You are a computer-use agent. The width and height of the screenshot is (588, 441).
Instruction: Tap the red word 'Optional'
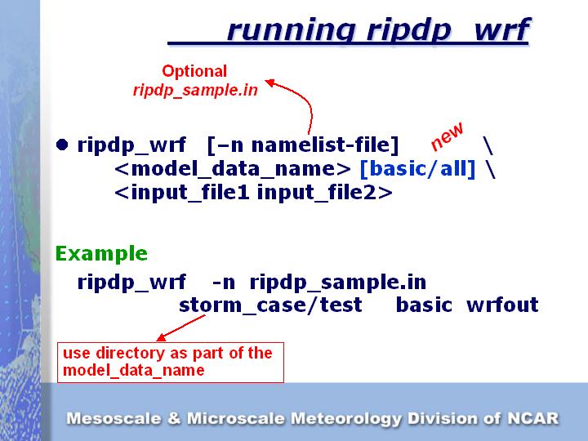pos(194,71)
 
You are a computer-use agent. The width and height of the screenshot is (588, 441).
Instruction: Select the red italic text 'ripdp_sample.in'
pos(195,90)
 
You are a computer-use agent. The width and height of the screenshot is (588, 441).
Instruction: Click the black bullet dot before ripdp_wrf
pos(62,145)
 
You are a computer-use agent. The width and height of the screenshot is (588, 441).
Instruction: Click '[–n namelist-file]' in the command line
pos(303,146)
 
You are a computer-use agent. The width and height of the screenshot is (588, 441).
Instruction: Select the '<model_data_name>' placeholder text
pos(233,170)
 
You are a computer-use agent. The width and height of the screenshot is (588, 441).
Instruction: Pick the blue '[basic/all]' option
pos(417,170)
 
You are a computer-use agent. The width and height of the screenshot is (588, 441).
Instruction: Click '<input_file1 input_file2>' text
pos(254,193)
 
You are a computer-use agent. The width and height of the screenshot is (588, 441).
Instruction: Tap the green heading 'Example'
pos(101,253)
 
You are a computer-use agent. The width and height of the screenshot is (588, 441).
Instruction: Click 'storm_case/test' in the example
pos(270,305)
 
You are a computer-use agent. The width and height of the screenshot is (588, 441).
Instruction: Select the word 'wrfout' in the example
pos(502,305)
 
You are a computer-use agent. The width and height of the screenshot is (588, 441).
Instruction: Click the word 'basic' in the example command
pos(424,305)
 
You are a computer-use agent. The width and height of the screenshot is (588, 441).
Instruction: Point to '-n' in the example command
pos(224,283)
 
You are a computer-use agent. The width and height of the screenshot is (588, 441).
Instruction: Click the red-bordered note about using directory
pos(170,362)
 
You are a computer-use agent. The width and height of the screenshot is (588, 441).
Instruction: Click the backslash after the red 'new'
pos(488,146)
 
